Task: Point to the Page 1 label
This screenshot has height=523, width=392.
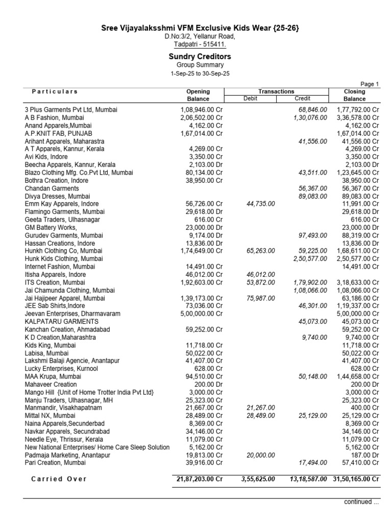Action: point(370,84)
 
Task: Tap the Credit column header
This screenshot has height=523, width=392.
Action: point(302,99)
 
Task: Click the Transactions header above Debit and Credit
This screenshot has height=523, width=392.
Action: point(276,91)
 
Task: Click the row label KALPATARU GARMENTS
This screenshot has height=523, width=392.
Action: point(62,322)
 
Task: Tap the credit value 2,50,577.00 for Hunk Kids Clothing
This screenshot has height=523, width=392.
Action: point(310,259)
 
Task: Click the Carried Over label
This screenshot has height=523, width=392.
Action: point(59,479)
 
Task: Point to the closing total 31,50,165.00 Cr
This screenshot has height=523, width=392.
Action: point(356,479)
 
